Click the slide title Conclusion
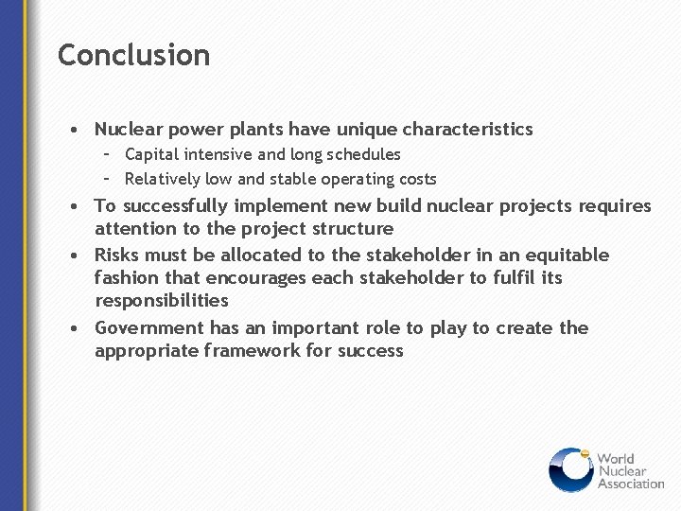(133, 55)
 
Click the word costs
(416, 179)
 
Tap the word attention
(135, 229)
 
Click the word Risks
(117, 255)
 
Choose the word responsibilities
(162, 301)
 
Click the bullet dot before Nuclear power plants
(73, 130)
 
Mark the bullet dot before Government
(73, 329)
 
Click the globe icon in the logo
(570, 470)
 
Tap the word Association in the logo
(631, 484)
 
